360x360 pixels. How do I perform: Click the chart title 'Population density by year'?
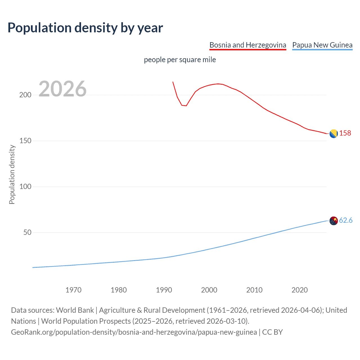(85, 28)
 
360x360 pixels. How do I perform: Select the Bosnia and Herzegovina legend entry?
(247, 45)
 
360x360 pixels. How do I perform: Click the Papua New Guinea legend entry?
(322, 45)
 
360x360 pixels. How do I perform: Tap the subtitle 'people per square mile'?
(180, 60)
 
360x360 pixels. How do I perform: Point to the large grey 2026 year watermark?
(62, 89)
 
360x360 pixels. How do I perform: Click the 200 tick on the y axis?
(25, 95)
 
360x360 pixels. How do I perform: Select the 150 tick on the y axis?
(25, 141)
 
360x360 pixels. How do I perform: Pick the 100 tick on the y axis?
(25, 186)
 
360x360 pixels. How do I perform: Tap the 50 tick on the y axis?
(27, 232)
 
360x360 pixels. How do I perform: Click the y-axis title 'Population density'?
(12, 174)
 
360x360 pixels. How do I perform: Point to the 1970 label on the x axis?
(73, 290)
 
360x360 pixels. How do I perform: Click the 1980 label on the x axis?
(119, 290)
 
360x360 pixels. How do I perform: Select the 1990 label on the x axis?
(164, 290)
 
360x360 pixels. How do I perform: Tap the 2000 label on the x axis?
(209, 290)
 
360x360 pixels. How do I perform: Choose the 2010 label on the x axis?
(254, 290)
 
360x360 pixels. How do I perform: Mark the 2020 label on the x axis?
(300, 290)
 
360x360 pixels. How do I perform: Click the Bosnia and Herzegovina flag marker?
(334, 134)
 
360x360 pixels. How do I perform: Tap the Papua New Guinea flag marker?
(334, 221)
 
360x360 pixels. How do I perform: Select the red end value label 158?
(345, 133)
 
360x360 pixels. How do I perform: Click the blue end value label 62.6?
(346, 220)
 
